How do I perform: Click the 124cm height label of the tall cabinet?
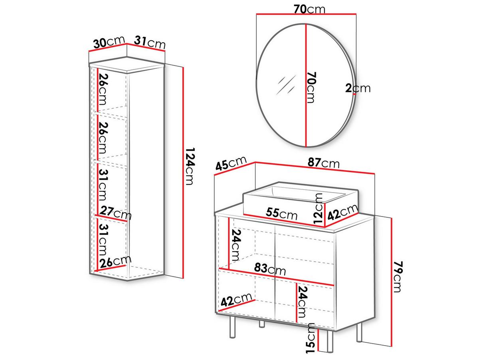tap(190, 167)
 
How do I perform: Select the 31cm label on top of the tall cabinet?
tap(150, 43)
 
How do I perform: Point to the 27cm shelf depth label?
tap(116, 213)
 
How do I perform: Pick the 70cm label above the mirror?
tap(309, 9)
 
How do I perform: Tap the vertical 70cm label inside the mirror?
tap(311, 87)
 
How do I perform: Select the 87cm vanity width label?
tap(324, 163)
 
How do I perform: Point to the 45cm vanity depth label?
tap(231, 163)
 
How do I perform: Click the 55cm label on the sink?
tap(281, 213)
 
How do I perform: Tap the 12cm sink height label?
tap(318, 208)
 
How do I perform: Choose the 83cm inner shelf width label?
tap(270, 269)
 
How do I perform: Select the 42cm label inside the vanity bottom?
tap(236, 300)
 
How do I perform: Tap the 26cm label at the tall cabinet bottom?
tap(116, 261)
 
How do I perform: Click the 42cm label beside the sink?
tap(343, 212)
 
